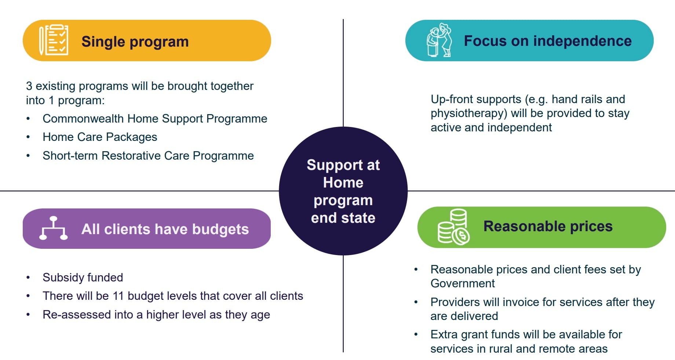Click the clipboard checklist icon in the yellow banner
point(54,40)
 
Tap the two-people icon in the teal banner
point(439,40)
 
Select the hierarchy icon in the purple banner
point(54,228)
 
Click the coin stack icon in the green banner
point(453,227)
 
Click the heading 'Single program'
point(135,41)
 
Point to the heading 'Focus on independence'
point(548,41)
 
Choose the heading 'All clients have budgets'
point(165,229)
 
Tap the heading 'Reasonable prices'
point(548,226)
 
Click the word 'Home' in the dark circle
point(343,182)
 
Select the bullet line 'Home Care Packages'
point(100,137)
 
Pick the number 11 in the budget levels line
point(118,296)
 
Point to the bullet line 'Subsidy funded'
point(83,277)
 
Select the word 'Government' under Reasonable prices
point(463,283)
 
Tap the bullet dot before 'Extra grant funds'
point(416,334)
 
